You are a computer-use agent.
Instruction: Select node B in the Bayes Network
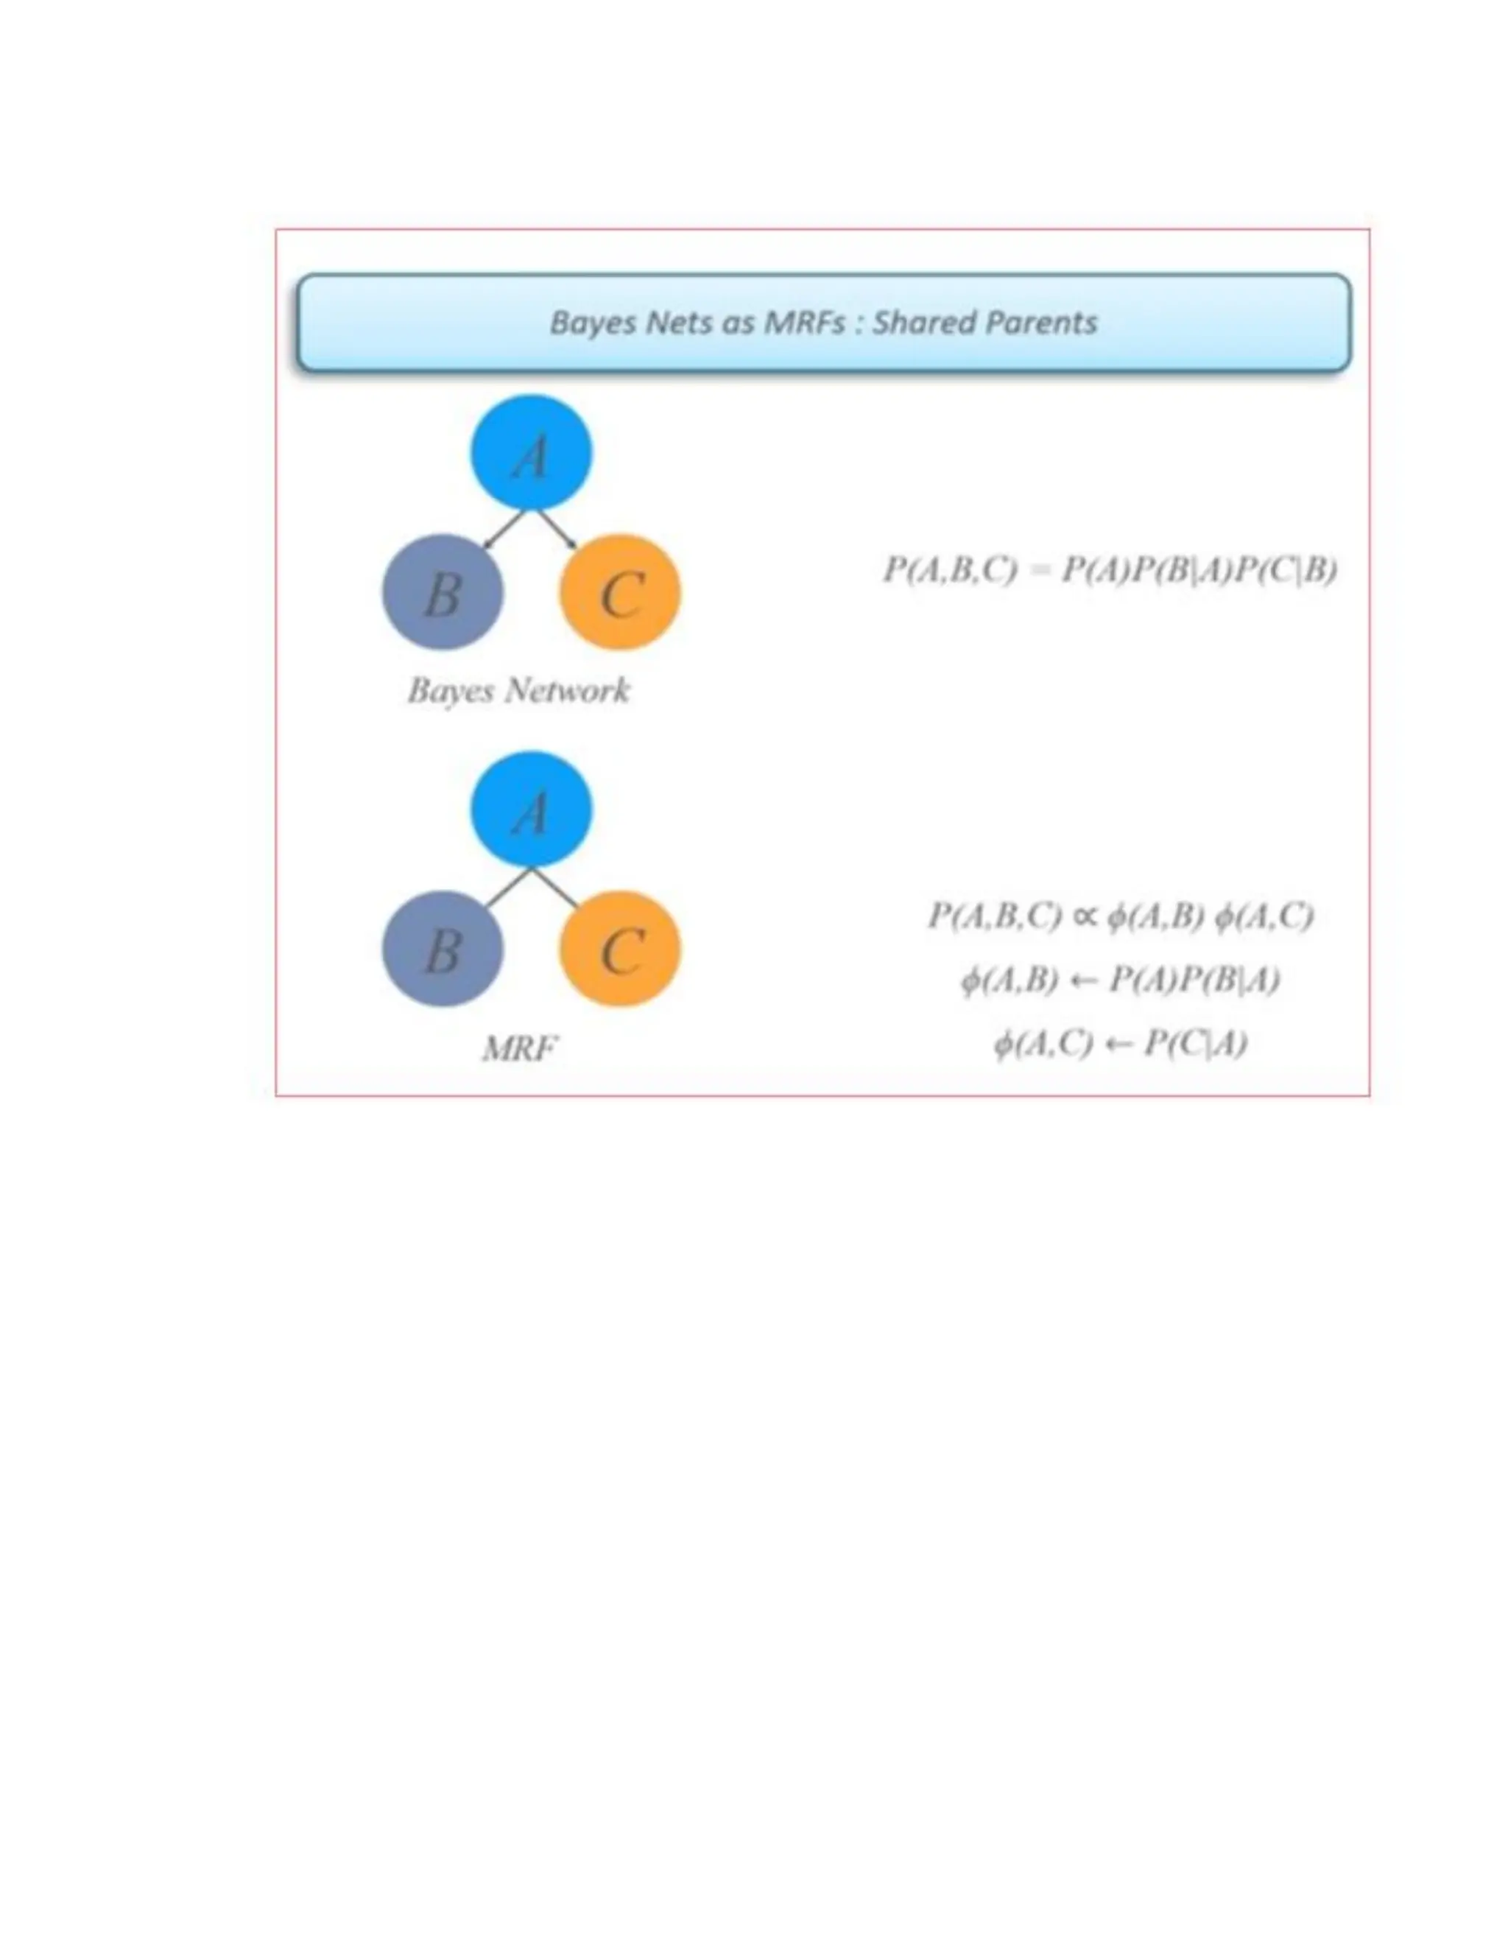tap(443, 591)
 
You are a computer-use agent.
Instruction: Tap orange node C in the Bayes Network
tap(620, 591)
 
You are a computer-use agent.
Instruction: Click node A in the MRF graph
tap(531, 809)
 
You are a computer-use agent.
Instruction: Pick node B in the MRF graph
tap(443, 948)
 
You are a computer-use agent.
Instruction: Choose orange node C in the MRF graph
tap(620, 948)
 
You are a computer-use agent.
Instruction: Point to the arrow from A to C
tap(556, 528)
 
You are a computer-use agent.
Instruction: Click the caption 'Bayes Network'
tap(518, 690)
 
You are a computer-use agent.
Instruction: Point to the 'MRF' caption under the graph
tap(519, 1047)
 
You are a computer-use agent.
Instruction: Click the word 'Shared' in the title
tap(924, 322)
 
